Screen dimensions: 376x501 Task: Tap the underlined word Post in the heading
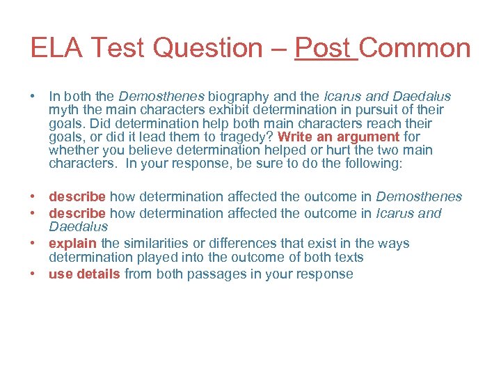325,48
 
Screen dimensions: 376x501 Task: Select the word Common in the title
416,48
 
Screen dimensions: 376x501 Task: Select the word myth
63,110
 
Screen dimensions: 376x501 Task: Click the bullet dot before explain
34,244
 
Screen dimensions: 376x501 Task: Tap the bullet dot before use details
34,274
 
